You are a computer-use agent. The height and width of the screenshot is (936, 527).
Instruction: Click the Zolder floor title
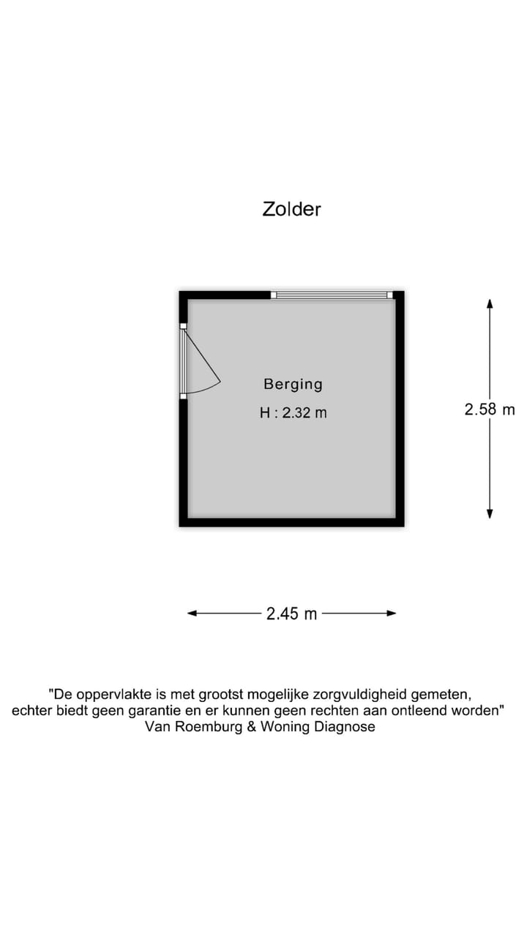tap(291, 209)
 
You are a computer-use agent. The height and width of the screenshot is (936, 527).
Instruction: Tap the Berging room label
tap(293, 384)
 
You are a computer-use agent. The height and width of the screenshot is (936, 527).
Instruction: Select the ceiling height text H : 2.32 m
tap(293, 413)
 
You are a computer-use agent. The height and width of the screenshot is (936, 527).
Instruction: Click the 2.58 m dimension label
tap(490, 409)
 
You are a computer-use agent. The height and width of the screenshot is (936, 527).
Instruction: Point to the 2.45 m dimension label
tap(291, 614)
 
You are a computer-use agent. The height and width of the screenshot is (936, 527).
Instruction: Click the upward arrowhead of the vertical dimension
tap(490, 303)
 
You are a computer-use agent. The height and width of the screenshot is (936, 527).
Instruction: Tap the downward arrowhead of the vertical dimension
tap(490, 514)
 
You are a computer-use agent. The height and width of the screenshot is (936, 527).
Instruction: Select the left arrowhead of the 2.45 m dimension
tap(193, 614)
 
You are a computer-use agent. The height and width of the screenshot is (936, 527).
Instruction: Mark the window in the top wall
tap(332, 295)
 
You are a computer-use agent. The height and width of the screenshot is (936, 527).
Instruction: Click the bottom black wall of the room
tap(291, 522)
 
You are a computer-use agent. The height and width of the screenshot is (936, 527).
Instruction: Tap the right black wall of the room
tap(400, 409)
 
